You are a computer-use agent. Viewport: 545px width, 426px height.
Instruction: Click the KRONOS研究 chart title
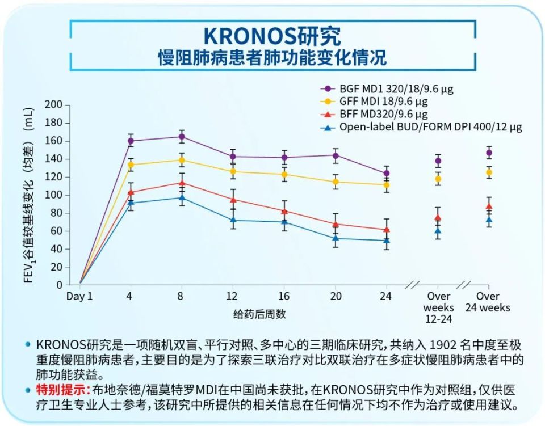(272, 36)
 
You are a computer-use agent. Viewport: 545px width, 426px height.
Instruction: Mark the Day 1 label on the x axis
(79, 296)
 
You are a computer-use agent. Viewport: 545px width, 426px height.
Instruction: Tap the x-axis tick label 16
(284, 296)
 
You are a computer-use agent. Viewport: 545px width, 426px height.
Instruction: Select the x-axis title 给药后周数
(259, 313)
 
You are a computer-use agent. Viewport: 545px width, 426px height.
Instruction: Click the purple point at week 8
(182, 137)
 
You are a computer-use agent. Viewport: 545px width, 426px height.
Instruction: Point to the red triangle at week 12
(233, 199)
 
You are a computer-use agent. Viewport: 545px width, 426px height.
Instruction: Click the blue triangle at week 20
(336, 238)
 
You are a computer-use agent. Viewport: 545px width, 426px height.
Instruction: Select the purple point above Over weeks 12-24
(438, 161)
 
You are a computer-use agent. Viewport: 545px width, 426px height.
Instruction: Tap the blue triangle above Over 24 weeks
(489, 220)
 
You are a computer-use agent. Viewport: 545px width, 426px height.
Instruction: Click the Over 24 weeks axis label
(488, 302)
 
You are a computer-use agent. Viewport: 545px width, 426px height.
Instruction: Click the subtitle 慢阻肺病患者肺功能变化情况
(272, 58)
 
